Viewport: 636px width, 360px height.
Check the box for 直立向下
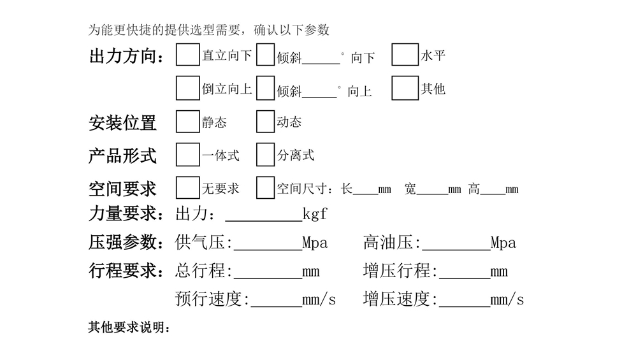coord(187,55)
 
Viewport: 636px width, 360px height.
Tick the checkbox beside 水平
coord(405,55)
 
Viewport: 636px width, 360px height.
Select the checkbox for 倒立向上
coord(187,88)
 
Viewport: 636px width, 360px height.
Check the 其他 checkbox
coord(405,88)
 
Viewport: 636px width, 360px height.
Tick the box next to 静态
coord(187,122)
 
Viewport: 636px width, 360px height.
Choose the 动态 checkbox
coord(265,122)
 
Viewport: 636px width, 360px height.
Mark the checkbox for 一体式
coord(187,155)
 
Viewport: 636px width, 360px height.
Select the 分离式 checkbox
coord(265,155)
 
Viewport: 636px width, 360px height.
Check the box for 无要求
coord(187,188)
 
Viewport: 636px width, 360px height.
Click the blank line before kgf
coord(263,215)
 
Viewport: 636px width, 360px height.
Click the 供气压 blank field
coord(268,243)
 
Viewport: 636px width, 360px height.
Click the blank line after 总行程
coord(268,272)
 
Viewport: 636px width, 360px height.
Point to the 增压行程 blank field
coord(465,272)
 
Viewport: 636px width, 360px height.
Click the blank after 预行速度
coord(275,300)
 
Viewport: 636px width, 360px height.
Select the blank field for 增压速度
coord(465,300)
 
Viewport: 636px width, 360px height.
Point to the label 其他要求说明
coord(129,329)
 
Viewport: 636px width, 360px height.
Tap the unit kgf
coord(315,214)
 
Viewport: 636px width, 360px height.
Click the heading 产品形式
coord(122,155)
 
